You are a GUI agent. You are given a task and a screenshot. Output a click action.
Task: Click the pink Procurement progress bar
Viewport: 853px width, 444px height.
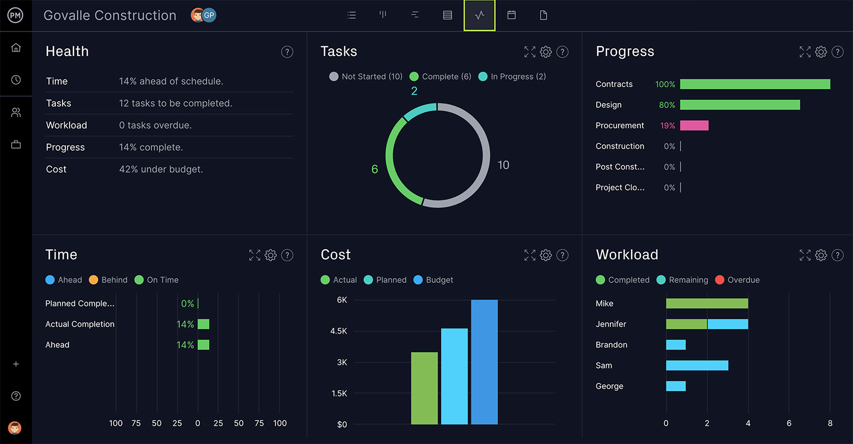(x=694, y=126)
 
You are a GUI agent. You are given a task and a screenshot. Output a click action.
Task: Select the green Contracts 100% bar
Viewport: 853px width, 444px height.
(x=755, y=84)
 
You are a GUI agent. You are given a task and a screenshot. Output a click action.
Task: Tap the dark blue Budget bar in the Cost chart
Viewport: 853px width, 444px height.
(x=484, y=362)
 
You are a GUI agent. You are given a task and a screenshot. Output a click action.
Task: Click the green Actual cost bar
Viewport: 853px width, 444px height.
(x=424, y=388)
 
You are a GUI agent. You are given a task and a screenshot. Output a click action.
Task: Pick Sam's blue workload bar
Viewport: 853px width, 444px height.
(x=697, y=366)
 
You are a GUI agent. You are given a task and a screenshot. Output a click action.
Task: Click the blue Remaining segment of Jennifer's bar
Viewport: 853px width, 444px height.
(x=727, y=324)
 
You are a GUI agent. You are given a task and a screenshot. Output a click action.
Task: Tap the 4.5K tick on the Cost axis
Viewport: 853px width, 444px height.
(x=338, y=331)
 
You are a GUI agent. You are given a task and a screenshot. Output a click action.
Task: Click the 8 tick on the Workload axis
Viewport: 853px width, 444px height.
(x=830, y=423)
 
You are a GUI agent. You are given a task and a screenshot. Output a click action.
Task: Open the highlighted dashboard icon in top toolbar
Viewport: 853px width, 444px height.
(x=479, y=15)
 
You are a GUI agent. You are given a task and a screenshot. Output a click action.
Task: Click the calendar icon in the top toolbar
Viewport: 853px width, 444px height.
(x=511, y=15)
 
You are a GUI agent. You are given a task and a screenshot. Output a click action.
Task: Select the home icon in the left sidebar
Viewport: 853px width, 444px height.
(x=16, y=48)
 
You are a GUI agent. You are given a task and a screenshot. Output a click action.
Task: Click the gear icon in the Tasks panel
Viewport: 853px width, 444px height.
(x=546, y=52)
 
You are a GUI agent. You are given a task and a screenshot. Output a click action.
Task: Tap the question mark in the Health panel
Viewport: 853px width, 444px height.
(x=287, y=52)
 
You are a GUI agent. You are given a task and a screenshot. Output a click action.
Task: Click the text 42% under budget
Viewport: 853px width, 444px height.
(x=161, y=169)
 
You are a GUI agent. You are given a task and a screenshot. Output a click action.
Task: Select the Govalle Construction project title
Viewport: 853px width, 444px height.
(x=110, y=15)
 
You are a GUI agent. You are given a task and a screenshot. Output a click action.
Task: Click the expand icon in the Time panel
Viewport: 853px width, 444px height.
(x=255, y=255)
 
